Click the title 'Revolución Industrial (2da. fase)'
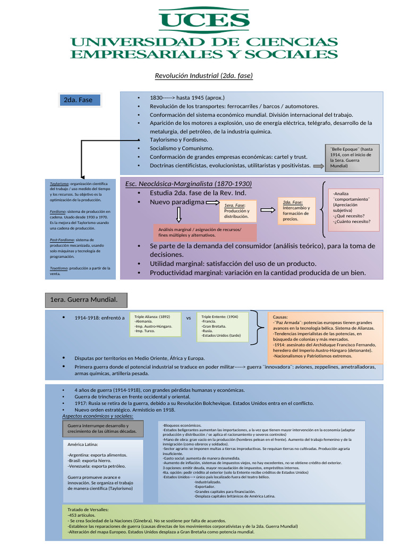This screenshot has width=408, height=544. point(203,76)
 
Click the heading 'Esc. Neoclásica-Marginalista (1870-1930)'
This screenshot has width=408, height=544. point(189,184)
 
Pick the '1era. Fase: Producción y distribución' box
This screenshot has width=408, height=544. point(239,211)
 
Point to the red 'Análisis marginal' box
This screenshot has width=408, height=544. point(205,232)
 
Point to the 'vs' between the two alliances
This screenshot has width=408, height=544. point(189,318)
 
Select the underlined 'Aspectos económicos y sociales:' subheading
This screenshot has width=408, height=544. point(101,416)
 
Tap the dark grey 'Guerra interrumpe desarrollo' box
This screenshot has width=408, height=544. point(100,429)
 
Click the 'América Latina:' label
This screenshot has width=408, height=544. point(83,444)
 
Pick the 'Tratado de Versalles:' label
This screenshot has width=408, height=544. point(89,509)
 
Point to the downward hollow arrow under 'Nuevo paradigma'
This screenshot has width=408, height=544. point(178,215)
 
